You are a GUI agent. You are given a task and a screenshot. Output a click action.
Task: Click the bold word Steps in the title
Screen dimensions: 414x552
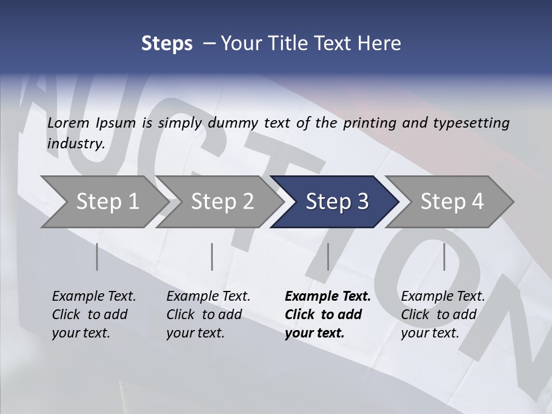[x=167, y=44]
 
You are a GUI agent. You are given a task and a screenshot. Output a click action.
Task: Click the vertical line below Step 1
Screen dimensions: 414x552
[x=97, y=256]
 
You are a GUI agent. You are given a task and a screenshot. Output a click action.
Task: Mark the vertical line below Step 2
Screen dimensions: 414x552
[x=212, y=256]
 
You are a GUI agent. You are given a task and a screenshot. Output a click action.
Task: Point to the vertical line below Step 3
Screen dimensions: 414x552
[x=328, y=256]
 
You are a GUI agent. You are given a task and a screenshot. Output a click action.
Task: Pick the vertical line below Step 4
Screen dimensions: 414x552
[x=444, y=256]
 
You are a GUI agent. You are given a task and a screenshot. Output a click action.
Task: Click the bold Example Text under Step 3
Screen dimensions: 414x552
[x=328, y=297]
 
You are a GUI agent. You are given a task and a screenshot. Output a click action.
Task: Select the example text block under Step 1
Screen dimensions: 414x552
[x=94, y=315]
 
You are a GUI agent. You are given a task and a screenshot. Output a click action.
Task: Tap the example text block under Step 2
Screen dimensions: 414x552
[x=208, y=315]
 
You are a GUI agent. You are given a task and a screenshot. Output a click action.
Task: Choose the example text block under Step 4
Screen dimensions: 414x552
[x=443, y=315]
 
